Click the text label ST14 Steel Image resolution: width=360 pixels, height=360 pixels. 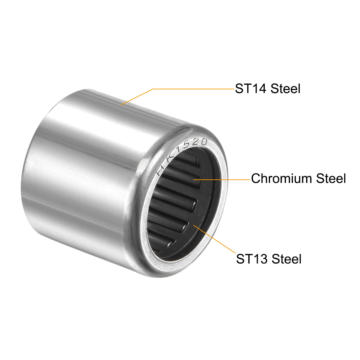point(267,89)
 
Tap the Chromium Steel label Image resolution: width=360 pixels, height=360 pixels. point(298,178)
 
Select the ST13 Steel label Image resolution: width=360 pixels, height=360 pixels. point(268,259)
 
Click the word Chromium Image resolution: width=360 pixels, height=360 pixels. point(281,178)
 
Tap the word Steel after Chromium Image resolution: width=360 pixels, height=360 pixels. point(331,178)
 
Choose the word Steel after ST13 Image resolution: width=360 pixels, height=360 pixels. point(287,259)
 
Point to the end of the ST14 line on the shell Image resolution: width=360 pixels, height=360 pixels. point(121,104)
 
